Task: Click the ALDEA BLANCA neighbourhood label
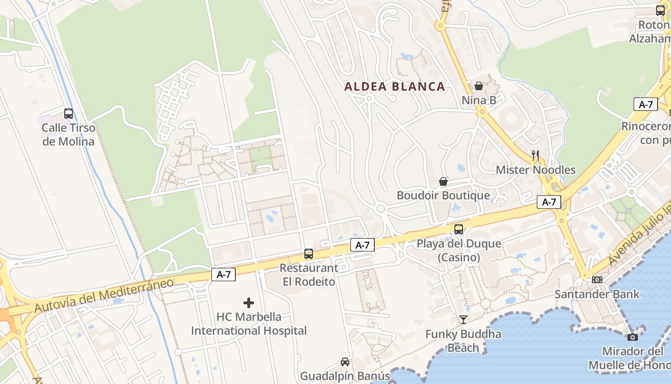tap(395, 87)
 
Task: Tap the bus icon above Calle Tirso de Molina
tap(69, 114)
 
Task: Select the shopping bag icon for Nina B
tap(478, 86)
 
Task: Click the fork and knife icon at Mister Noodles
tap(535, 155)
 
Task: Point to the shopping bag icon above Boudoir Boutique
tap(443, 181)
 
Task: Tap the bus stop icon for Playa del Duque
tap(459, 229)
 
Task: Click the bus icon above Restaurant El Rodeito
tap(309, 254)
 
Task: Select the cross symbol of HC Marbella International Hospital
tap(249, 303)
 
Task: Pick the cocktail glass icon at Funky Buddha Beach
tap(463, 320)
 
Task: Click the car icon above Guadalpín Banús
tap(345, 362)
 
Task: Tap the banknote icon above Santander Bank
tap(597, 279)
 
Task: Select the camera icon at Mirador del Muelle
tap(633, 337)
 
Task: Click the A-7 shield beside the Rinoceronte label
tap(646, 104)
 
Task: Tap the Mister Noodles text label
tap(535, 170)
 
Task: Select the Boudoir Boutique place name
tap(443, 196)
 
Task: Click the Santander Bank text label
tap(597, 294)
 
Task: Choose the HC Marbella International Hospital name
tap(249, 324)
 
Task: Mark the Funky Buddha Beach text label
tap(463, 341)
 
